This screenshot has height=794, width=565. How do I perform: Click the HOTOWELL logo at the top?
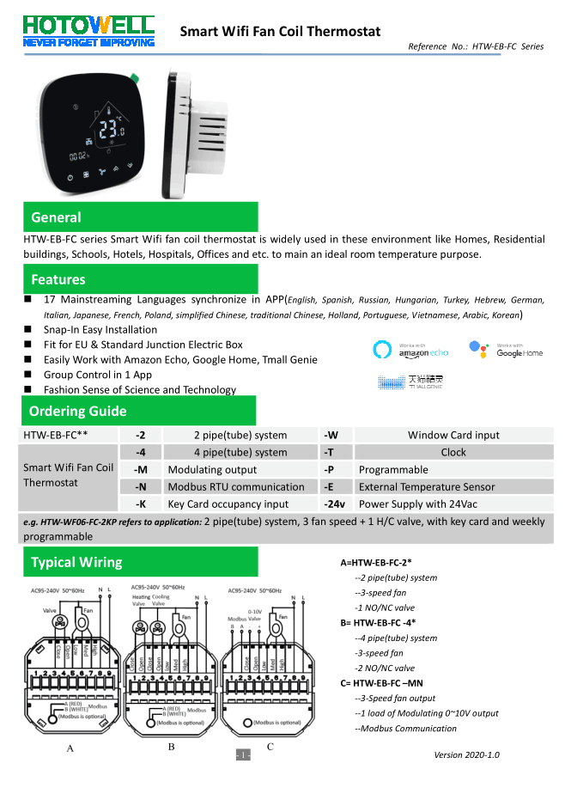point(88,29)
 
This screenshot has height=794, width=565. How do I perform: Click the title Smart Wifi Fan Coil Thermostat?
point(280,32)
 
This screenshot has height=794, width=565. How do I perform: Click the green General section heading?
point(57,217)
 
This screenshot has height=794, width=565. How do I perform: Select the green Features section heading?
point(58,279)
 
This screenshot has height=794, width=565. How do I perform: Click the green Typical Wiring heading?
point(76,563)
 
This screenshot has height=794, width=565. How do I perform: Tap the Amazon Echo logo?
point(410,350)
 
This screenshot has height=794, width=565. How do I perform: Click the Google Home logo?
point(506,350)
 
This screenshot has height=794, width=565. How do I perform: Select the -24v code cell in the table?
point(335,504)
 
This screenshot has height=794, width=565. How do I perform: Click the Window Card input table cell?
point(453,436)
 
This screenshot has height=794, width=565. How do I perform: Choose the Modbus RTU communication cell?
point(236,487)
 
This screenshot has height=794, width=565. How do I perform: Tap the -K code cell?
point(141,504)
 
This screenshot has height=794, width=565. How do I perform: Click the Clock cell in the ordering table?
point(453,453)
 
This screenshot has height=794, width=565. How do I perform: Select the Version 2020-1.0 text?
point(467,755)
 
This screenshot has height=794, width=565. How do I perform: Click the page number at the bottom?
point(243,755)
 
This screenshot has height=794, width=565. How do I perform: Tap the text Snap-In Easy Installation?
point(100,329)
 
